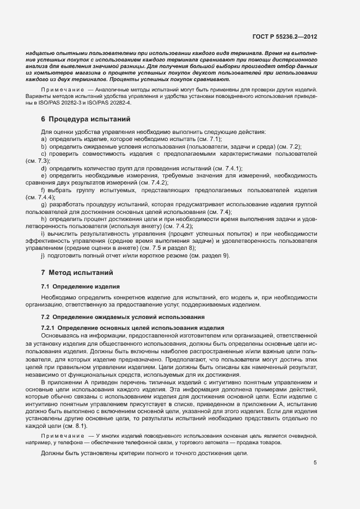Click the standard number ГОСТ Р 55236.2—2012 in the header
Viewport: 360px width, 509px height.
click(285, 36)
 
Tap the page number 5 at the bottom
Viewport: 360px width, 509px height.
click(315, 463)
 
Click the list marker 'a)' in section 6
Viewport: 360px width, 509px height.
click(44, 139)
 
